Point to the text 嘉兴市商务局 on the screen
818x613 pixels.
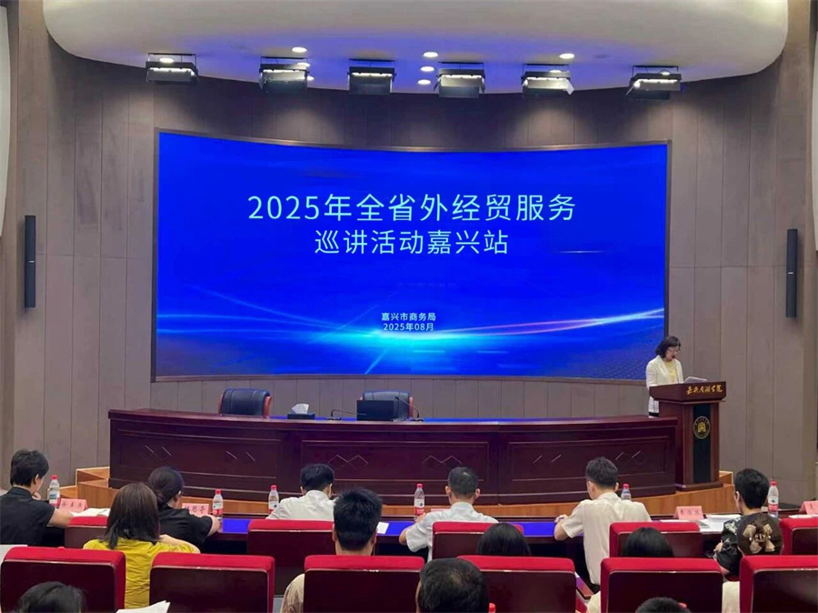[x=408, y=316]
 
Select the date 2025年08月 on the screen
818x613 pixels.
[x=408, y=327]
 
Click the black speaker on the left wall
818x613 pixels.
[x=30, y=261]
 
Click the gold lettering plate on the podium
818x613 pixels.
[x=703, y=389]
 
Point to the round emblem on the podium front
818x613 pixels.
[x=701, y=427]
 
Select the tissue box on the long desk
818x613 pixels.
[x=301, y=411]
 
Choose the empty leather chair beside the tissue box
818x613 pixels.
[x=245, y=402]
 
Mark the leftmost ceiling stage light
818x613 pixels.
[x=172, y=69]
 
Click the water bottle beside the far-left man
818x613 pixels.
[x=54, y=490]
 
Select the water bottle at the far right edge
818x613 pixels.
[x=773, y=497]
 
